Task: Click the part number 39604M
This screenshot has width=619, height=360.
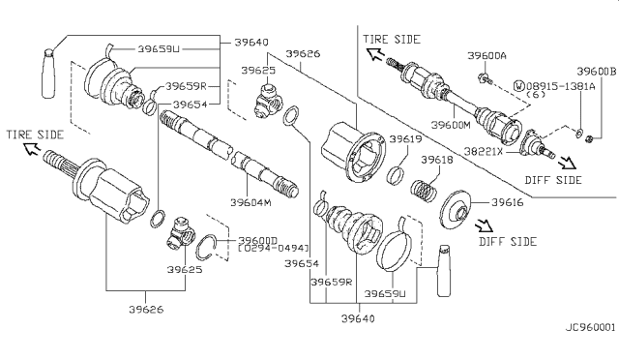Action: [x=251, y=202]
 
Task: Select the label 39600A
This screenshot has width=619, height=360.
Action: [x=486, y=56]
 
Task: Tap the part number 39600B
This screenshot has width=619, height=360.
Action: [x=596, y=72]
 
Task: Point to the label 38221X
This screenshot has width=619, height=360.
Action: [x=484, y=151]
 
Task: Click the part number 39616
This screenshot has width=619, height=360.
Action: [x=507, y=202]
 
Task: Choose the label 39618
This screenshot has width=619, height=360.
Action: [x=437, y=160]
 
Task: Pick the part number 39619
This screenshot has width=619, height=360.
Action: [x=405, y=139]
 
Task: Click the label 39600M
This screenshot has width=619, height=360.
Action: [x=451, y=125]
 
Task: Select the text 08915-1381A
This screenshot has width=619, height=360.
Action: [x=561, y=86]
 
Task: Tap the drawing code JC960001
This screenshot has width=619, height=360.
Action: [x=591, y=327]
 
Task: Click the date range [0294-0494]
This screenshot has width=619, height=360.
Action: [x=273, y=248]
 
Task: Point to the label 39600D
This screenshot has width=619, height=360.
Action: [x=258, y=240]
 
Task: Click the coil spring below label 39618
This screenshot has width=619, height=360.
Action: [x=424, y=191]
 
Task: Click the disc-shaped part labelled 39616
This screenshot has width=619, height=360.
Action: [x=456, y=210]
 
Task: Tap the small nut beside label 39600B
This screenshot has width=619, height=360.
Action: [x=589, y=138]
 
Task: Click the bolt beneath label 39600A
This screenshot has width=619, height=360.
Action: [x=485, y=78]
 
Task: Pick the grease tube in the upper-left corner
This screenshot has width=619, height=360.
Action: [x=48, y=74]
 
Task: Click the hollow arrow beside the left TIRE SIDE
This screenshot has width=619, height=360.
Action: [x=32, y=149]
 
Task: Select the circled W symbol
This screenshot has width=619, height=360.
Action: [x=519, y=86]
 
